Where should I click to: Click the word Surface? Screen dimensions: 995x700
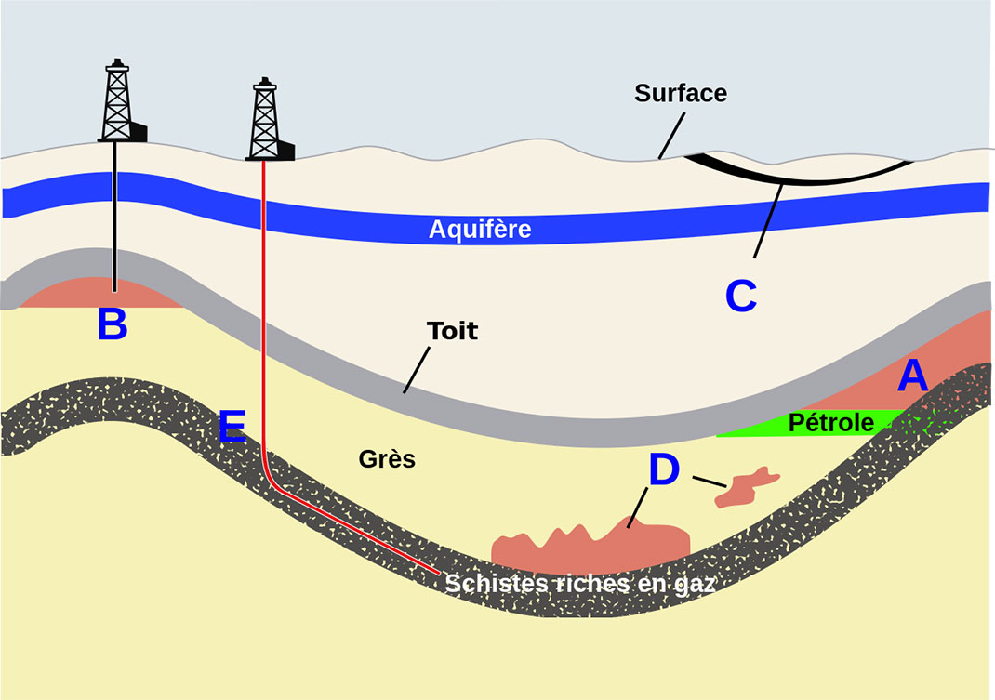(x=681, y=93)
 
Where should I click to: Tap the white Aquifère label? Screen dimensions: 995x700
(x=480, y=229)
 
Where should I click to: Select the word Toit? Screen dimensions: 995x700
(x=452, y=331)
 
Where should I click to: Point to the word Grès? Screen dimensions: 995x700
(x=387, y=459)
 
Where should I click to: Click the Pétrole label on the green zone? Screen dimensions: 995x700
(x=830, y=423)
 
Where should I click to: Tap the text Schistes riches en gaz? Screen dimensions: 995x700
(x=580, y=584)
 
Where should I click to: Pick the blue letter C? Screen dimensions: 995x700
(x=741, y=296)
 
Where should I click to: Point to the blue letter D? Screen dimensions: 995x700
(x=664, y=469)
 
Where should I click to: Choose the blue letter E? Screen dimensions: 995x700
(x=232, y=426)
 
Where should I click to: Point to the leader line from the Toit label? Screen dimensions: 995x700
(x=417, y=370)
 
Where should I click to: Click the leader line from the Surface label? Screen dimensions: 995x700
(x=672, y=136)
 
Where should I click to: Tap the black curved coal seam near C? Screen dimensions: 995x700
(x=800, y=175)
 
